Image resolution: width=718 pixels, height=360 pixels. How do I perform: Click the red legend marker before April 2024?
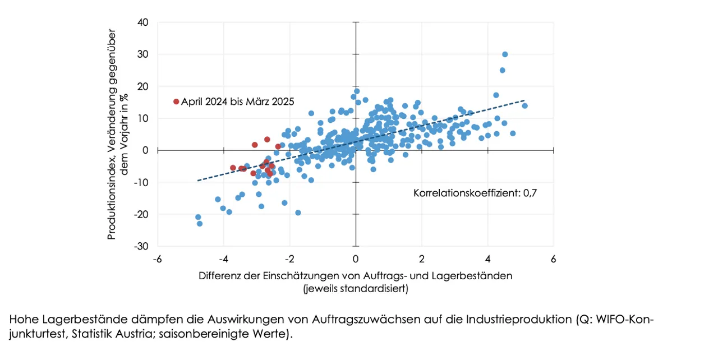[176, 101]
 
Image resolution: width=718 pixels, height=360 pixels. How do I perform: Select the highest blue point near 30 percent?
[505, 54]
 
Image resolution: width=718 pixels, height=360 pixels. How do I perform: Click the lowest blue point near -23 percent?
[200, 224]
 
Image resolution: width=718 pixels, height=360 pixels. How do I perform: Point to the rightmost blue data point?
[524, 105]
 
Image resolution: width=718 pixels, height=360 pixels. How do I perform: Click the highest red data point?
[267, 139]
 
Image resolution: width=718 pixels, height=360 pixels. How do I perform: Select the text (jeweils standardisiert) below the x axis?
[355, 289]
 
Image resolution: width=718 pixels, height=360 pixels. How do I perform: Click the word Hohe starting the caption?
[21, 320]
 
